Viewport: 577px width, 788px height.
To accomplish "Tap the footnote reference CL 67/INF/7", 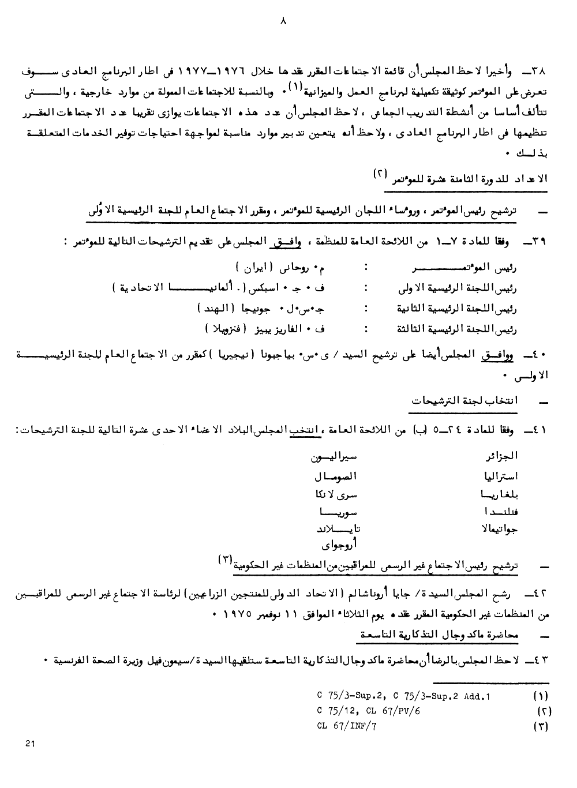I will pyautogui.click(x=347, y=726).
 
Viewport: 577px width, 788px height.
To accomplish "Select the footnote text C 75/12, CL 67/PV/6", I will pyautogui.click(x=368, y=711).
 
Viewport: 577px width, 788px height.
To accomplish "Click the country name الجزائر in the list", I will pyautogui.click(x=503, y=456).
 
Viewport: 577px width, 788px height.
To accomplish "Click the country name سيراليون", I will pyautogui.click(x=334, y=457).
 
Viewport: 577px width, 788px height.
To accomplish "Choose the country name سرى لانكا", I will pyautogui.click(x=336, y=494).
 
